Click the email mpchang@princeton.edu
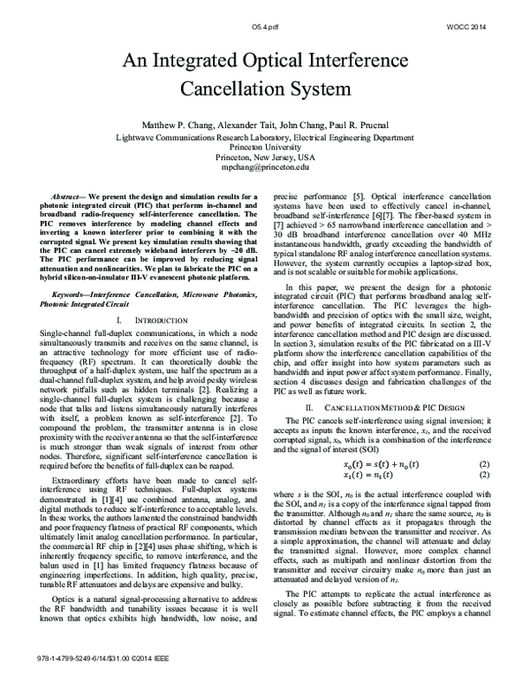265,166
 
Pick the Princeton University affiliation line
265,147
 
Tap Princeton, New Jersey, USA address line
265,156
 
